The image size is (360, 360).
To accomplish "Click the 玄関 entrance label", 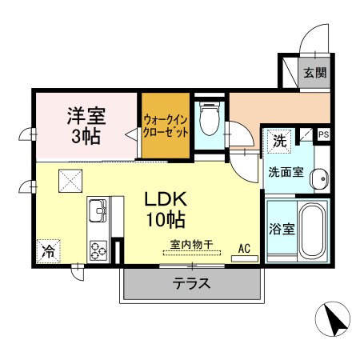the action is coord(315,73).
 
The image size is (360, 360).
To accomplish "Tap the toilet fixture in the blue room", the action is coord(210,118).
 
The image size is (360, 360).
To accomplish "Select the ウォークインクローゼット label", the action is coord(166,126).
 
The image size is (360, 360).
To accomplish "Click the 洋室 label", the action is coord(86,115).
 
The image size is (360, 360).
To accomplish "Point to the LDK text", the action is coord(166,199).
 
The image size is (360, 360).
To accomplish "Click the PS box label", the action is coord(324,134).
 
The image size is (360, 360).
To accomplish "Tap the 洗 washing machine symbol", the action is coord(279,141).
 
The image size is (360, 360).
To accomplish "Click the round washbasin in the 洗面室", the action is coord(319,178).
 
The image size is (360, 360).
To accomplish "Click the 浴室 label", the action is coord(282,229).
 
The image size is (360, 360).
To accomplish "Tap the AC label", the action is coord(244,248).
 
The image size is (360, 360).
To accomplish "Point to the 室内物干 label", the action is coord(191,244).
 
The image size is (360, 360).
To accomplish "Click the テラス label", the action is coord(191,283).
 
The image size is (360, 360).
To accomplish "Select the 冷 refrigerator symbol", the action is coord(49,251).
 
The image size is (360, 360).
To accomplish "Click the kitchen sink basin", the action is coord(98,210).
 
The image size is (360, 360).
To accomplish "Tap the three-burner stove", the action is coord(98,250).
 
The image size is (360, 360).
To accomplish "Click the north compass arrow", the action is coord(334,320).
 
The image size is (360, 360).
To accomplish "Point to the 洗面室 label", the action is coord(286,172).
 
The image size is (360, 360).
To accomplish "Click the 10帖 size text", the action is coord(166,220).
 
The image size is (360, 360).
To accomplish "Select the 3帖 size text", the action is coord(86,136).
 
